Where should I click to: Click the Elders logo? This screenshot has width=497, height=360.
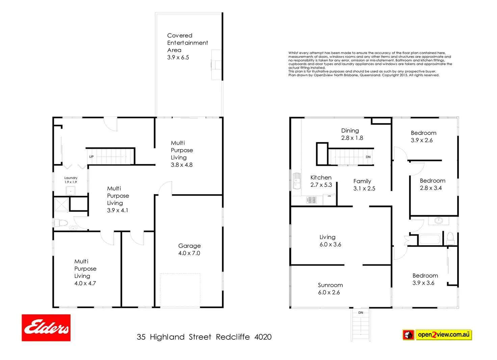pos(46,328)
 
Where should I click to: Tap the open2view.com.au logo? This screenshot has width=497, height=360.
pos(437,335)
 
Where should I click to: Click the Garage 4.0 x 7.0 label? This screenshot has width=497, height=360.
pos(189,250)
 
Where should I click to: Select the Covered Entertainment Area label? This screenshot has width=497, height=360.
pos(187,46)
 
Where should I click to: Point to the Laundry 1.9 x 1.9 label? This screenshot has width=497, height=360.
pos(71,180)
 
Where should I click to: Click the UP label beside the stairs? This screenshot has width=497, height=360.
pos(91,157)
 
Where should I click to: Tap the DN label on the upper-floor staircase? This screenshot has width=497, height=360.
pos(368,157)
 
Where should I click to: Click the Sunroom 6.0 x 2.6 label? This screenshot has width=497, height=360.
pos(330,289)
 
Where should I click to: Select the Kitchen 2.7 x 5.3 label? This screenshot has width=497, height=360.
pos(321,181)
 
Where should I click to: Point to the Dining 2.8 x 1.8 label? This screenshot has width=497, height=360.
pos(352,134)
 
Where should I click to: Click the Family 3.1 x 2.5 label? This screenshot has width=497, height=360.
pos(364,185)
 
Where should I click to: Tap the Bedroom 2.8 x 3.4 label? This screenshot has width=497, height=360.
pos(432,184)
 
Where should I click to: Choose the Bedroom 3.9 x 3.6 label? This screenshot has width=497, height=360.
pos(425,279)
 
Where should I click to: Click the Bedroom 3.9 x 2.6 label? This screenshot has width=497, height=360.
pos(423,136)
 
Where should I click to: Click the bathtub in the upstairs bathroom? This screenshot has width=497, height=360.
pos(429,239)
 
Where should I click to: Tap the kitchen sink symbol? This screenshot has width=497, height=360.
pos(297,181)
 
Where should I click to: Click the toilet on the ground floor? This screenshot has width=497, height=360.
pos(61,223)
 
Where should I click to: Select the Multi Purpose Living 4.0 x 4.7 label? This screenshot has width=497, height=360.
pos(85,272)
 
